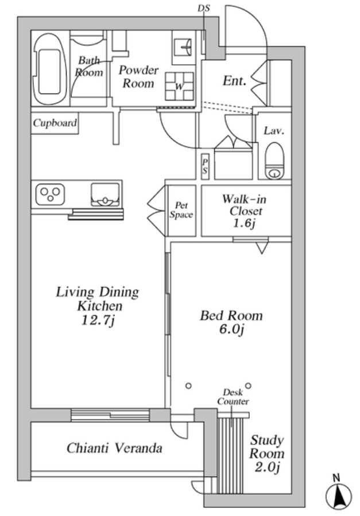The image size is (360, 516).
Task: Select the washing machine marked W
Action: point(179,86)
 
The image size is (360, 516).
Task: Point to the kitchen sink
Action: point(105,195)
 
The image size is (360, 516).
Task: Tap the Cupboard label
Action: point(55,123)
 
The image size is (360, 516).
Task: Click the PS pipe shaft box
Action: point(204,167)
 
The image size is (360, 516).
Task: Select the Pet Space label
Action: point(181,210)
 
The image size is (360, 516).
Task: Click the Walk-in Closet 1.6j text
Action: point(244,211)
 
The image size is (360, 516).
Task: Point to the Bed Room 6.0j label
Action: point(231,322)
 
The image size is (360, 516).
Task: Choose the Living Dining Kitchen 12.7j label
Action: point(98,306)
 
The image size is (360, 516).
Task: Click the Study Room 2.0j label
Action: point(267,453)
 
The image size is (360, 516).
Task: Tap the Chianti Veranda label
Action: point(114,448)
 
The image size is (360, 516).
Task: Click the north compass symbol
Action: point(339,494)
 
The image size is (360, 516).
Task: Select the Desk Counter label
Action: point(233,397)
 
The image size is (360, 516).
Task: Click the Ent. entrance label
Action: point(234,80)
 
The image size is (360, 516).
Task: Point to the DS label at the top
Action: point(204,8)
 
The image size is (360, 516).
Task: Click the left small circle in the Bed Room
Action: point(188,386)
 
